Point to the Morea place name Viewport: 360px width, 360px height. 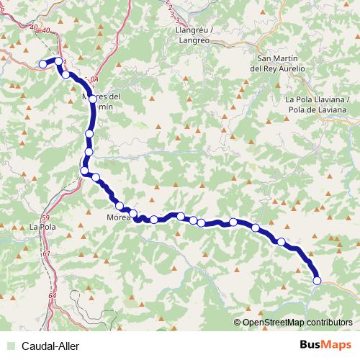118,217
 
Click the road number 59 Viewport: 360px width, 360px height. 45,217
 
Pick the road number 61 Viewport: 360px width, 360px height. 47,253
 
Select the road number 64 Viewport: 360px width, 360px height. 53,296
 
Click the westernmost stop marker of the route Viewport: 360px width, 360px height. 42,64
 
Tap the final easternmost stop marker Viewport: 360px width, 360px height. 317,281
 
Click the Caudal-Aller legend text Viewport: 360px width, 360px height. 50,346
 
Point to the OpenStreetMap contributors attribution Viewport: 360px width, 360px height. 297,323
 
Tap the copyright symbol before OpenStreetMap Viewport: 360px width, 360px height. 238,323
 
